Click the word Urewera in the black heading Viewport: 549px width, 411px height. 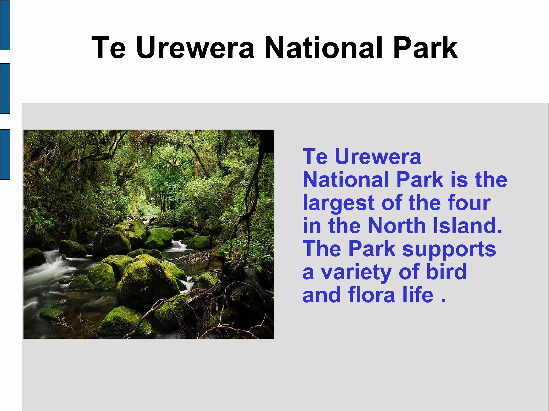tap(195, 48)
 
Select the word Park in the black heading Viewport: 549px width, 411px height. tap(425, 48)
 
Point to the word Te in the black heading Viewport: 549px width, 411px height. tap(109, 48)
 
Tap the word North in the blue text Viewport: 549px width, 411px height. tap(397, 226)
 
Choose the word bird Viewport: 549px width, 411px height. tap(446, 272)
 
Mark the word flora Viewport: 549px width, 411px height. tap(372, 295)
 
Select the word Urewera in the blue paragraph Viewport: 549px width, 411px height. tap(378, 157)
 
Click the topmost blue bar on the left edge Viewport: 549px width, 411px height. tap(5, 25)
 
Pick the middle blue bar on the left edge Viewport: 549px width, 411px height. tap(5, 88)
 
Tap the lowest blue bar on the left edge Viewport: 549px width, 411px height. tap(5, 154)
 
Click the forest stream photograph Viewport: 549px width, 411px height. tap(149, 234)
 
